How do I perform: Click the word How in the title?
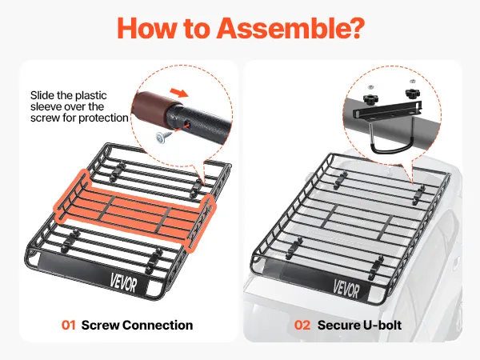148,27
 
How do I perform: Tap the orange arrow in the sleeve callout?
179,92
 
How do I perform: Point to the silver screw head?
161,138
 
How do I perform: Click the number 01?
68,325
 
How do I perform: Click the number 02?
302,325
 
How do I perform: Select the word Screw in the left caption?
101,325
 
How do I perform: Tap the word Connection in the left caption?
158,325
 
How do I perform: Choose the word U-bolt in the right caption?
382,325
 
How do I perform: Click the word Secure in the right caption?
339,325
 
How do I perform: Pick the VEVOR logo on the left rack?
123,283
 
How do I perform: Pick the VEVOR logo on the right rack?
346,289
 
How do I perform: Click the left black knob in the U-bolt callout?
370,98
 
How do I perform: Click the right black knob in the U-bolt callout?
413,93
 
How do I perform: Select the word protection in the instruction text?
103,118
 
